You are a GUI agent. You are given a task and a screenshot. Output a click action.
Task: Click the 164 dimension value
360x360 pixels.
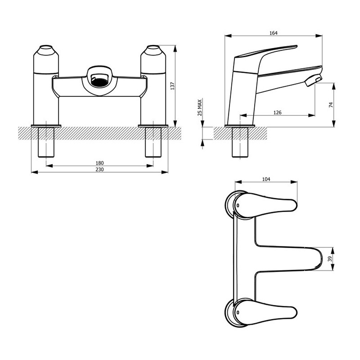[x=273, y=33]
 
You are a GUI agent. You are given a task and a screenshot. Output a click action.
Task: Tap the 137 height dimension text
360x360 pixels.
[x=173, y=86]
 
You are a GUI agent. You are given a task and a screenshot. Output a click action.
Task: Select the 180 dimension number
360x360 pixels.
[x=100, y=163]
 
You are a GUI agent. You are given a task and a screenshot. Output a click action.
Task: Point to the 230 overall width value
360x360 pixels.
[x=100, y=170]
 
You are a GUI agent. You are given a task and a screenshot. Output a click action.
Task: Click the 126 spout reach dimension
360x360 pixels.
[x=277, y=112]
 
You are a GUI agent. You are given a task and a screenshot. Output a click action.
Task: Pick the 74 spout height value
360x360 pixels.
[x=331, y=105]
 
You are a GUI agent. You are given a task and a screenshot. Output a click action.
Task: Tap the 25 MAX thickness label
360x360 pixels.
[x=200, y=107]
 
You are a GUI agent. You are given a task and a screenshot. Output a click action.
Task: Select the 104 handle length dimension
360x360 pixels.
[x=266, y=179]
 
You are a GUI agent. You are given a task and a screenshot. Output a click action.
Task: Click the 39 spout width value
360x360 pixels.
[x=330, y=259]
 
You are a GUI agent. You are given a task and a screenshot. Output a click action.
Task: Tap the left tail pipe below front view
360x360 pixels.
[x=46, y=142]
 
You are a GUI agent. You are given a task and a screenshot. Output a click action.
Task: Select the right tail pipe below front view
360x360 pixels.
[x=153, y=142]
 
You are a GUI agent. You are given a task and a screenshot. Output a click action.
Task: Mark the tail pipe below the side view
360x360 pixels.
[x=240, y=142]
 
